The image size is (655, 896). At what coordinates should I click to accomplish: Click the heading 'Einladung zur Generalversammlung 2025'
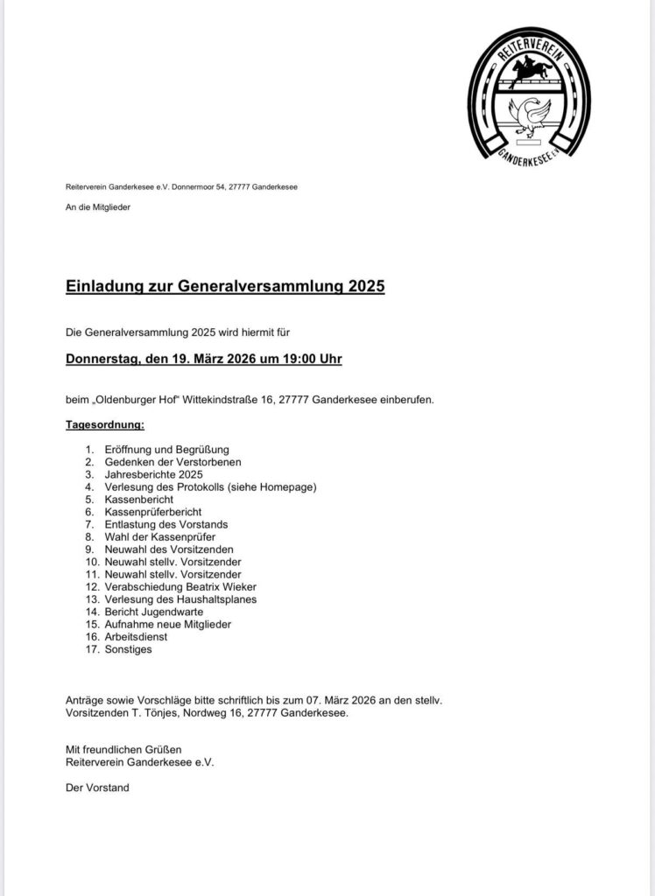coord(225,285)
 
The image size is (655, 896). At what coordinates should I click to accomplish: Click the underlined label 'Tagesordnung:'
coord(105,425)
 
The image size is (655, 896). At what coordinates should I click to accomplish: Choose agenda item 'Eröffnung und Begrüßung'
coord(163,449)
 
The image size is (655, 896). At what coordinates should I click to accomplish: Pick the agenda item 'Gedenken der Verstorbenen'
coord(172,461)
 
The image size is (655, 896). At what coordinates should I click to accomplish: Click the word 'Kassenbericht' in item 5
coord(139,499)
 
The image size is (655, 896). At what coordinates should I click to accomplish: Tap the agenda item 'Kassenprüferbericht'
coord(153,511)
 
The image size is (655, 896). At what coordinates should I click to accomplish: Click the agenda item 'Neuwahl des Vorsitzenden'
coord(167,549)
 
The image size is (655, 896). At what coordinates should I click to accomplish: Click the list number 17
coord(92,650)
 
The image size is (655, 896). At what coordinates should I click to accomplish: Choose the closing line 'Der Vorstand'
coord(97,787)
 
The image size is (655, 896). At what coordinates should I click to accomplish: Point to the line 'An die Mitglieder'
coord(97,206)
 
